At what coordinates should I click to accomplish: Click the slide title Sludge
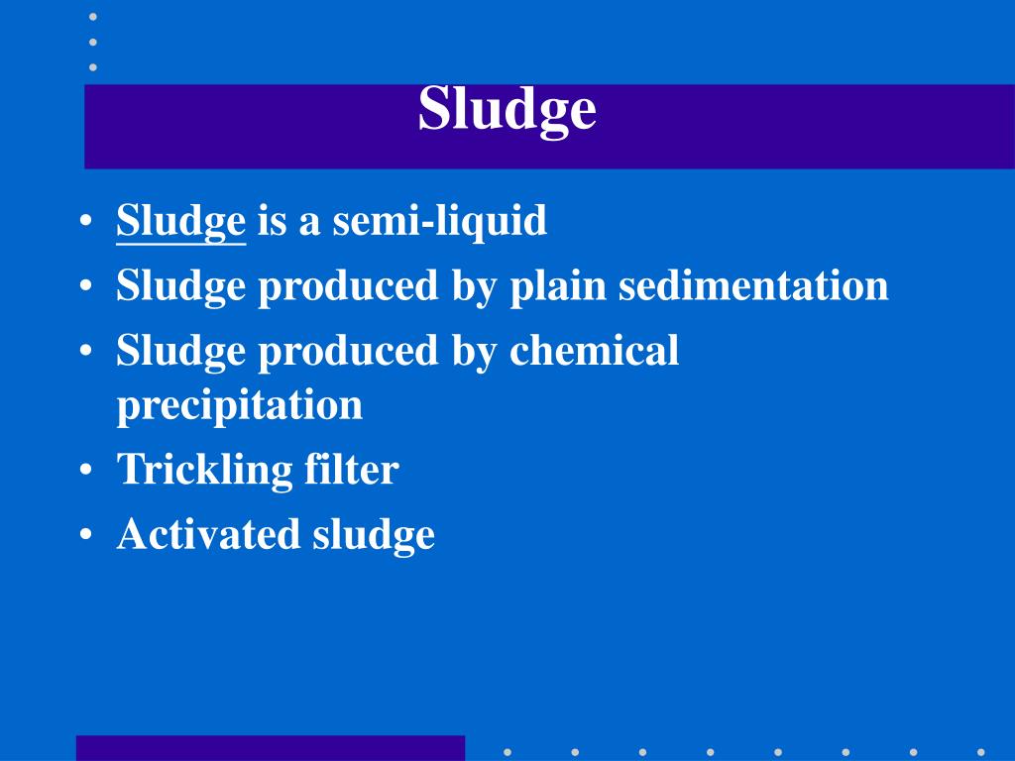(x=507, y=110)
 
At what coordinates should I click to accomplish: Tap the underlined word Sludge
(x=180, y=221)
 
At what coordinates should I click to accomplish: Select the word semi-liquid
(x=439, y=221)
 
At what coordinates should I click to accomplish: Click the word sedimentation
(x=753, y=286)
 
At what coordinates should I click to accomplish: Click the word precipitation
(x=239, y=405)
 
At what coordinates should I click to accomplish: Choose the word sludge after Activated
(x=374, y=536)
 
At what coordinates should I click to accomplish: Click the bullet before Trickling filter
(x=88, y=471)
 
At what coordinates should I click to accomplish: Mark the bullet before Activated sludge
(x=88, y=535)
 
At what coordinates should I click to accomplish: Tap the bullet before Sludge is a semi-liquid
(x=88, y=221)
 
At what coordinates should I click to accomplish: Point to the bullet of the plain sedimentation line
(x=88, y=286)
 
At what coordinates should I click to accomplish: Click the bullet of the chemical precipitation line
(x=88, y=351)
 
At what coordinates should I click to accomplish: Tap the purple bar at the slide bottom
(x=270, y=747)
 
